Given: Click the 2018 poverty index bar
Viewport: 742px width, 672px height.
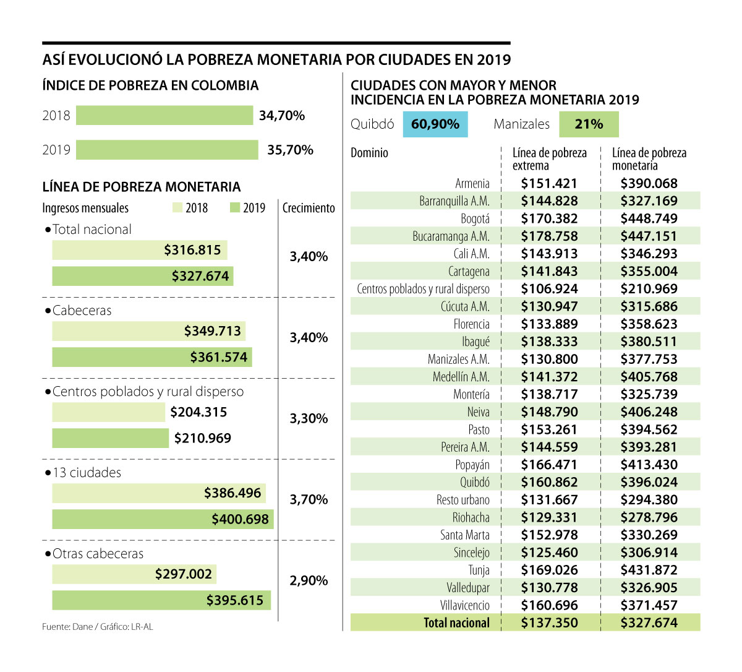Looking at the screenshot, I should (164, 116).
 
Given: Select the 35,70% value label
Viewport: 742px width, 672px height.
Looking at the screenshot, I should (290, 150).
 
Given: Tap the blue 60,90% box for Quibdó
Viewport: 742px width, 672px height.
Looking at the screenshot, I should (435, 124).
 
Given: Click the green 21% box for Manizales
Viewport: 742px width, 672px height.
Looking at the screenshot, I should (589, 124).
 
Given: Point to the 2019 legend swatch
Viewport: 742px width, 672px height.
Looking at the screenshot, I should (234, 208).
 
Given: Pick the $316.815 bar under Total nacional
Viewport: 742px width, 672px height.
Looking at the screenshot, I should (140, 250).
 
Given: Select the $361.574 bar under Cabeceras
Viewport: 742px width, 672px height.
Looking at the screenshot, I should (152, 357).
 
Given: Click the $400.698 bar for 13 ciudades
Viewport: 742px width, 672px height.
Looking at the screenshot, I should (163, 519).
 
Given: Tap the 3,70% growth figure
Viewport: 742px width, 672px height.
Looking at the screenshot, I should (309, 499).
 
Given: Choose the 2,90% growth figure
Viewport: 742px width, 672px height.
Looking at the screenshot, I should (309, 580).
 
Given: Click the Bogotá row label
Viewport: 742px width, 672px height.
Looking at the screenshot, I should (475, 218).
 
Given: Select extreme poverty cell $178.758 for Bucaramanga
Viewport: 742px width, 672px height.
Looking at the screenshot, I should (549, 236).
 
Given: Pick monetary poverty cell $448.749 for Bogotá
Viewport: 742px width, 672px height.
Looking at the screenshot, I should (649, 218).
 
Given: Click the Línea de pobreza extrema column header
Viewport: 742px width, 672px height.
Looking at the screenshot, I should (549, 159).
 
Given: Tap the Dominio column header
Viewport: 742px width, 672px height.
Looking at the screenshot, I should (369, 153).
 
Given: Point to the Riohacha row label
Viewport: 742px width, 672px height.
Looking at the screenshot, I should (471, 517).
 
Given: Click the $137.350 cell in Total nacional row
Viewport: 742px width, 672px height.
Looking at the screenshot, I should (549, 622).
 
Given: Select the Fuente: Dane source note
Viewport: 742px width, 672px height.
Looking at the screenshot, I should (97, 627).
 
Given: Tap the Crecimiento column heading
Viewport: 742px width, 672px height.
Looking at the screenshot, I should (309, 208).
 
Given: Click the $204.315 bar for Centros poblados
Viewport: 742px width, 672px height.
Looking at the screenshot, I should (109, 412).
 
